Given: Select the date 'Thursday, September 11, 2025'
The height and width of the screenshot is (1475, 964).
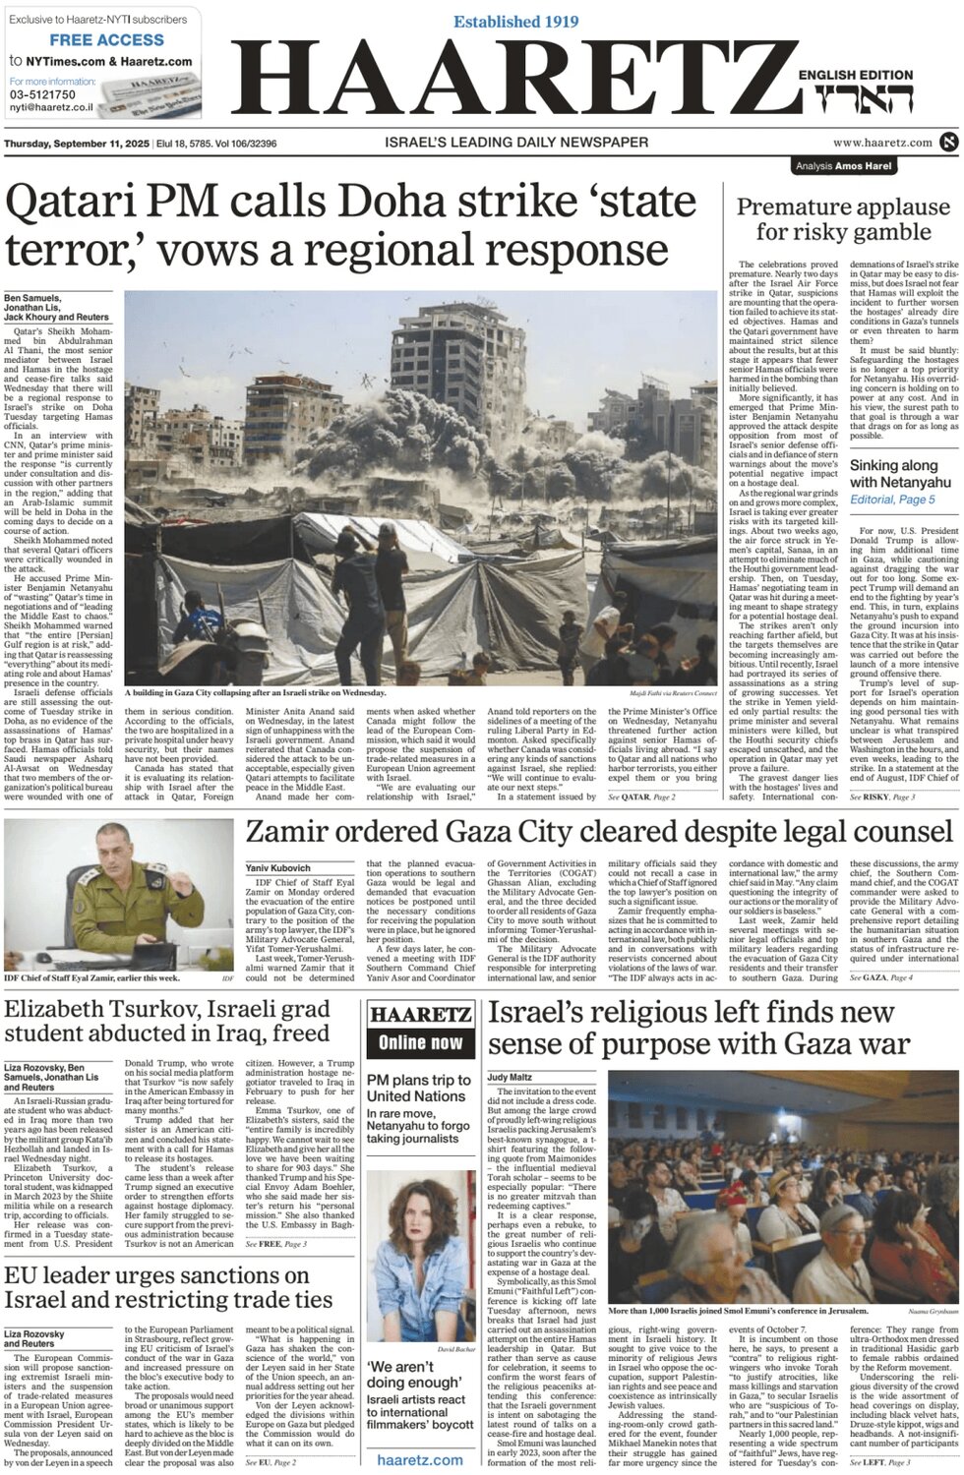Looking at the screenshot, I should (77, 144).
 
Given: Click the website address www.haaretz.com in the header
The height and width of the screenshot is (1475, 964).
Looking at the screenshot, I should (882, 143).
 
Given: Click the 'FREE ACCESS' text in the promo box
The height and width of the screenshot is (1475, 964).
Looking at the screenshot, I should (106, 40).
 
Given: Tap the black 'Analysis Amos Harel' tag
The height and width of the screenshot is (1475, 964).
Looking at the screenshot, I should (843, 166).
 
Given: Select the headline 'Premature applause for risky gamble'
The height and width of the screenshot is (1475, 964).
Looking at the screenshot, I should (843, 219).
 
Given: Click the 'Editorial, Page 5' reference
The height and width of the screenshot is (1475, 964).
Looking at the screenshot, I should (892, 500).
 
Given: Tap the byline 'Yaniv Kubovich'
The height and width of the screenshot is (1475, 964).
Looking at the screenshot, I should (278, 868).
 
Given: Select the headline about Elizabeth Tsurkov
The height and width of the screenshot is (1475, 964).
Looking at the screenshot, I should (167, 1021).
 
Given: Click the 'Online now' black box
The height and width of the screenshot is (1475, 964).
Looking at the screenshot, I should (420, 1042).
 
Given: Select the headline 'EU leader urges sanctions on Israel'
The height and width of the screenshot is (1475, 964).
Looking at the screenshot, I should (167, 1287).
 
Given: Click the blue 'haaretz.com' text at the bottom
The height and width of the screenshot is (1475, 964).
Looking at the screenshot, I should (420, 1459).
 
